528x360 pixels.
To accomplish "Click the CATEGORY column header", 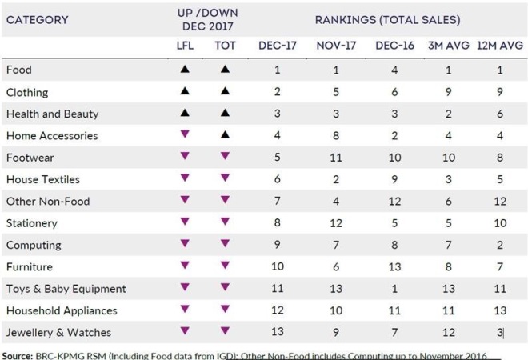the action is pos(37,20).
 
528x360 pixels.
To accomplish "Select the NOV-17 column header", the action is pos(336,46).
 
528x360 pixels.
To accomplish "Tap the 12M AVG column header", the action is pos(500,46).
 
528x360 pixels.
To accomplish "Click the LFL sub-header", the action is pos(185,46).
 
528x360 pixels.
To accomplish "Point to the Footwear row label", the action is pos(30,158).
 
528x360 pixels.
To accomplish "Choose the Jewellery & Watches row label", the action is pos(58,332).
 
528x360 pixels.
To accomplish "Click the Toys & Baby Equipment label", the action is pos(66,289).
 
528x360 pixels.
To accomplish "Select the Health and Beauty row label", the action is pos(53,114).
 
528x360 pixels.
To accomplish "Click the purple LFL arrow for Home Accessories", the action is pos(185,134).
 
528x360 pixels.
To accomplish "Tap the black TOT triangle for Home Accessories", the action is pos(226,135).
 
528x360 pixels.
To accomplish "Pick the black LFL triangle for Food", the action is pos(185,69).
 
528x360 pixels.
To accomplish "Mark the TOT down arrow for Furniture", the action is pos(226,266).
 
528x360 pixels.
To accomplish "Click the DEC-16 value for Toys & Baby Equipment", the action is pos(394,289).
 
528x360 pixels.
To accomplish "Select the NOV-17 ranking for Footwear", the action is pos(336,158).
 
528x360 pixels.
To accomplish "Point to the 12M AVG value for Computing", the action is pos(500,245).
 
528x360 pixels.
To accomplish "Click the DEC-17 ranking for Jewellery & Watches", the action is pos(278,332).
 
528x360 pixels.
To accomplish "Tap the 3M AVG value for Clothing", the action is pos(449,92).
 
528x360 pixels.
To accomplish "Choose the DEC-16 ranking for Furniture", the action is pos(394,266).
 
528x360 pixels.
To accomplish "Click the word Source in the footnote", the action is pos(17,356).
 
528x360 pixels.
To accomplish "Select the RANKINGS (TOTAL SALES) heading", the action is pos(387,20).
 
